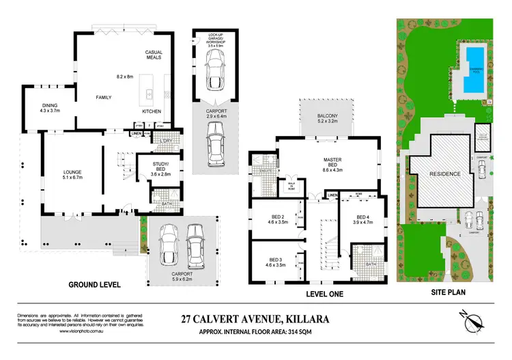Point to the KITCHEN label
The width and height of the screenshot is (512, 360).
[x=151, y=111]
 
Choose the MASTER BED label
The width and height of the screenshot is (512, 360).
[x=332, y=162]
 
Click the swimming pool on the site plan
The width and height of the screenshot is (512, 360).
[x=471, y=71]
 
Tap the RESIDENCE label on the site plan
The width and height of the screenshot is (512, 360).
[x=444, y=174]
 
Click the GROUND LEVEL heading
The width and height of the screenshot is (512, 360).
[x=94, y=283]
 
